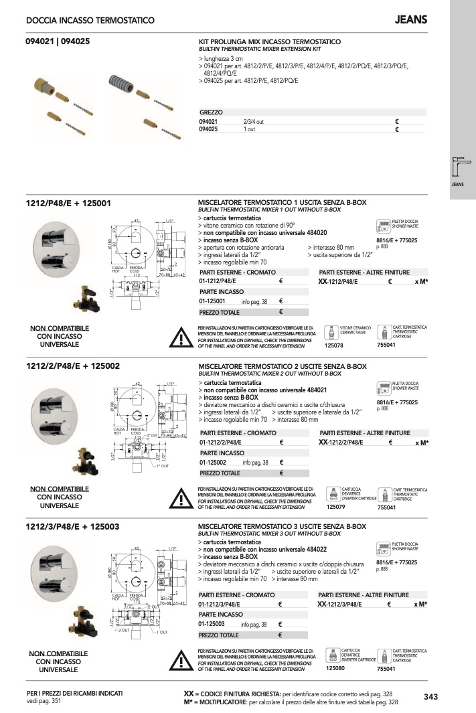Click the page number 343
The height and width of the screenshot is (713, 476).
430,697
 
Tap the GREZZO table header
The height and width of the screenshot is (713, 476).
211,112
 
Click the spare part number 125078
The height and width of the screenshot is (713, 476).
333,345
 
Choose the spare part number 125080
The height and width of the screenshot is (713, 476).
334,668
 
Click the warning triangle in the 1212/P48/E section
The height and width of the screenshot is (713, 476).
181,337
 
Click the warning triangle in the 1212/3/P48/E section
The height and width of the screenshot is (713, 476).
181,659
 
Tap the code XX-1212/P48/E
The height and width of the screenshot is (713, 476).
339,283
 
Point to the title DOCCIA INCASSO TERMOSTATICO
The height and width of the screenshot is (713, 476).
90,21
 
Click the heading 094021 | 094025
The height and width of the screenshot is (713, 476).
58,42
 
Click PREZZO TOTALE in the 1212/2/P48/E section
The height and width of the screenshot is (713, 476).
219,473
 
